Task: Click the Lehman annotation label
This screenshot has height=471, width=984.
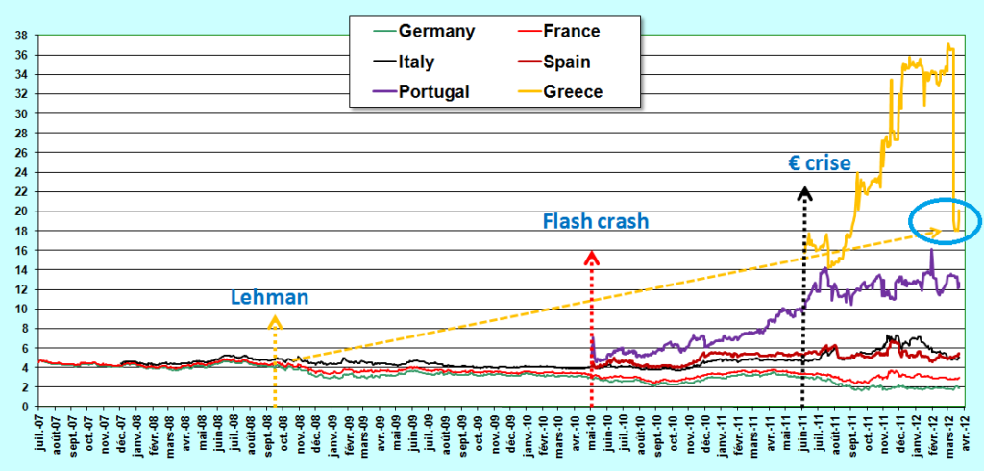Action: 270,298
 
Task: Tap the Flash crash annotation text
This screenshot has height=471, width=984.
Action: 596,221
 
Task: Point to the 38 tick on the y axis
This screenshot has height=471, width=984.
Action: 21,36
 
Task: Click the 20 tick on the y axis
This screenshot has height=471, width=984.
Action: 21,211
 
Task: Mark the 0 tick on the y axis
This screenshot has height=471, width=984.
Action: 24,407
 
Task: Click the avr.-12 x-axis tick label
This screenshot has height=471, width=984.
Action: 965,435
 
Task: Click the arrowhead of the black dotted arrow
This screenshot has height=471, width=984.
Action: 804,192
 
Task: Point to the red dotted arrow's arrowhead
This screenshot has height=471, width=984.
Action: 592,257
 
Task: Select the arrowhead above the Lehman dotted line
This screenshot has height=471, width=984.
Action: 275,323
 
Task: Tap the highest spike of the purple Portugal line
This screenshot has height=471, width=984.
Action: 931,252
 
